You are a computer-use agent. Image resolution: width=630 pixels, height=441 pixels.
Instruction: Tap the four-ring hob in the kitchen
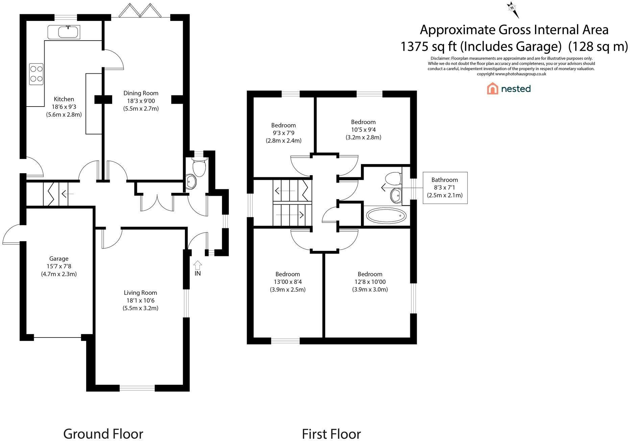36,74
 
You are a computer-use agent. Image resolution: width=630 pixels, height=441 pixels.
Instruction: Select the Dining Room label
141,93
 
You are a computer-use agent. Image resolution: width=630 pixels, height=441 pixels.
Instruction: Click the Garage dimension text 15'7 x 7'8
59,266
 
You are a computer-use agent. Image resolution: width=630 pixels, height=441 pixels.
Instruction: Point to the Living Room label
140,293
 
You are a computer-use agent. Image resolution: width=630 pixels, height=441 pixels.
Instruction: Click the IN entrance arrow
198,264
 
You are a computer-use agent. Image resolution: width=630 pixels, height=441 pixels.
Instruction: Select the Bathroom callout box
445,188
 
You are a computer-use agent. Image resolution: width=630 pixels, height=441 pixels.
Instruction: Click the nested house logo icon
492,89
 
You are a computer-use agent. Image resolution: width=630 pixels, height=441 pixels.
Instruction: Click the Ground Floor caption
103,434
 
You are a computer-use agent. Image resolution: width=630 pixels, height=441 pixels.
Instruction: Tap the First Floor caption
331,434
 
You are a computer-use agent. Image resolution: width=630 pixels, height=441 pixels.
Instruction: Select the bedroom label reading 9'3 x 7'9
284,133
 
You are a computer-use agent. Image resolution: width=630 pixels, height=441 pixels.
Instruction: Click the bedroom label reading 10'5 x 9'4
363,130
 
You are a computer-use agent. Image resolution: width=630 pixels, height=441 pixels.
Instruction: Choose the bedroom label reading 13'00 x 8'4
288,282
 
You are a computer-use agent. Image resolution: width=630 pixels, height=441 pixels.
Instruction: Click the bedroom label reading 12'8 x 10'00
370,282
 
